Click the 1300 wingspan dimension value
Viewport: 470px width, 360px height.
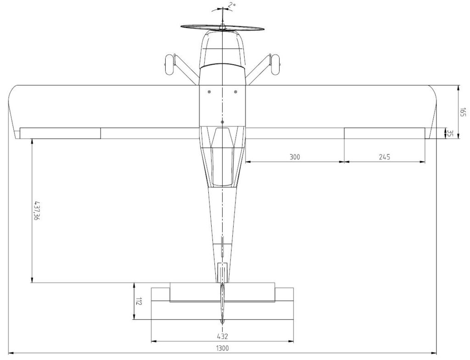(x=222, y=349)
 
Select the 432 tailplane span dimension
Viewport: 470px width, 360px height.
(x=222, y=336)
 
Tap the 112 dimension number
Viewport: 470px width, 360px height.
(x=138, y=301)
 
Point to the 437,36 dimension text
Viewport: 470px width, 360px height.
(x=37, y=211)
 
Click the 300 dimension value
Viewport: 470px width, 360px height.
(x=295, y=157)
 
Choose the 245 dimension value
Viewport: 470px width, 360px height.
(x=384, y=157)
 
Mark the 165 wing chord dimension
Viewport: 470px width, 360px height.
(x=463, y=112)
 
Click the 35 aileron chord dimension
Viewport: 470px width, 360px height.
(x=449, y=133)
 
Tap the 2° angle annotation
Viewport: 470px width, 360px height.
(x=232, y=5)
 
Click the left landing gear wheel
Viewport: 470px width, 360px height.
(x=169, y=64)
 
